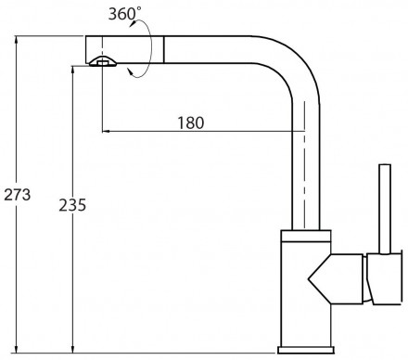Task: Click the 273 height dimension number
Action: click(18, 195)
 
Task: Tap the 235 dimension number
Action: click(72, 205)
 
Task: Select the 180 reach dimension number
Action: click(191, 122)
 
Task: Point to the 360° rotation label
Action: click(124, 14)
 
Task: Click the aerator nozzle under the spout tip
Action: click(103, 62)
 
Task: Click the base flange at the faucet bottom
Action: click(306, 350)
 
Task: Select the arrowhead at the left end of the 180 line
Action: click(106, 132)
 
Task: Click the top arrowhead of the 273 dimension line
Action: click(16, 40)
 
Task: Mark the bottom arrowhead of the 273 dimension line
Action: click(16, 349)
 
